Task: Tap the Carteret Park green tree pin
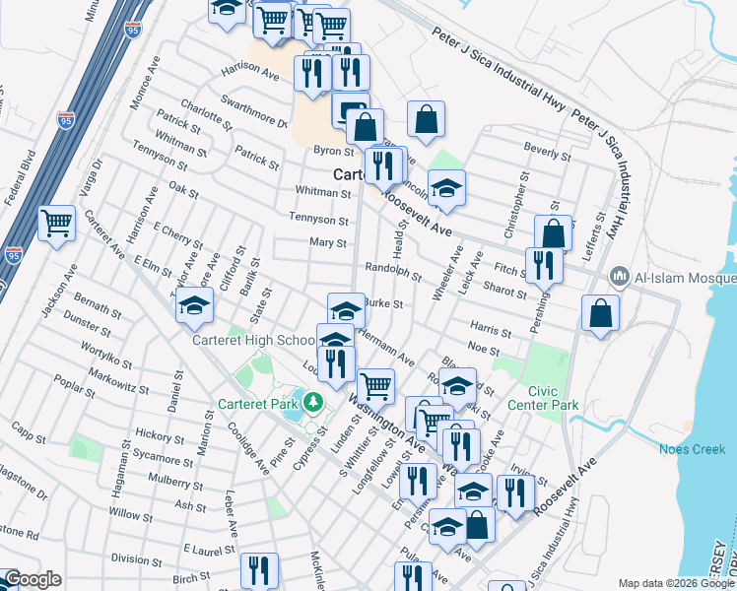coord(312,402)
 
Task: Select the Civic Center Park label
coord(542,397)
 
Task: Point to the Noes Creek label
coord(699,449)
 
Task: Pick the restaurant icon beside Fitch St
coord(543,263)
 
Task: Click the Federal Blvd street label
coord(20,178)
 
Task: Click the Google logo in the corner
coord(33,580)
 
